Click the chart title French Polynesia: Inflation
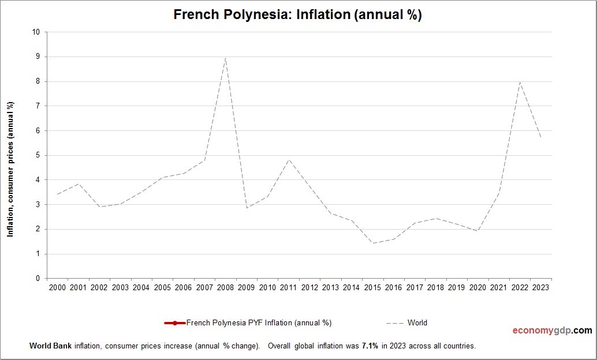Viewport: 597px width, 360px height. (x=297, y=15)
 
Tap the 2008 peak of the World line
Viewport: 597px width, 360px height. (x=225, y=57)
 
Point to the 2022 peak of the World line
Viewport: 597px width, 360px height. (x=520, y=81)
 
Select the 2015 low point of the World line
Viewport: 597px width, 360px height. (x=373, y=243)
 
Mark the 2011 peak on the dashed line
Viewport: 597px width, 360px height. (x=289, y=159)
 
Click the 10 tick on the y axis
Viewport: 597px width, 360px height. (x=36, y=32)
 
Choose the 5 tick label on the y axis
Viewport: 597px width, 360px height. (x=38, y=155)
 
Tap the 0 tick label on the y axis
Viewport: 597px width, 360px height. (x=38, y=279)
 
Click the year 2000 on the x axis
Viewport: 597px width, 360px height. (x=57, y=287)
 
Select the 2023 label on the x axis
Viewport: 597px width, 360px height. (x=541, y=287)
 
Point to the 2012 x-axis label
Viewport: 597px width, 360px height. (x=309, y=287)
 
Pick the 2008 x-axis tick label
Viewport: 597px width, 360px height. (x=225, y=287)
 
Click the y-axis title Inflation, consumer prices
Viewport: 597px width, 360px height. (x=10, y=169)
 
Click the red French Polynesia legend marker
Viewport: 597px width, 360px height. (x=175, y=323)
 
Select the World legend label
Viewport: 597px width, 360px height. (x=417, y=323)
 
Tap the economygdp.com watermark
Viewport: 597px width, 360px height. (x=552, y=331)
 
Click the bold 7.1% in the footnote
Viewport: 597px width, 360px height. (x=370, y=346)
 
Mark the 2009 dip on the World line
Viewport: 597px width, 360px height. (x=247, y=208)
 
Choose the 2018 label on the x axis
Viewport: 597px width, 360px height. (x=436, y=287)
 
